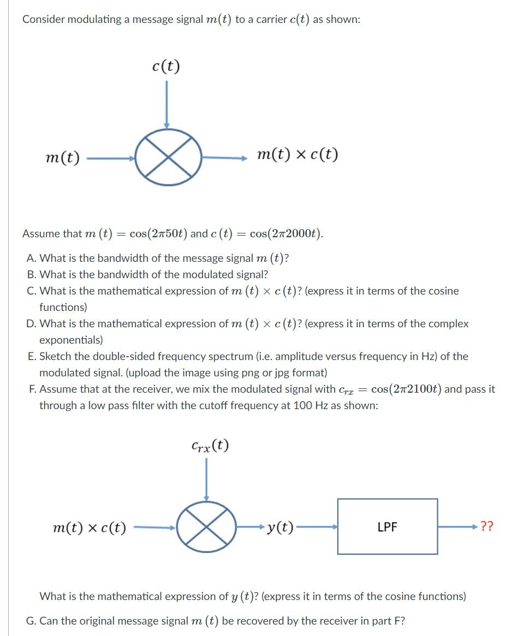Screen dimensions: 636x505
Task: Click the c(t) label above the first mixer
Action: click(x=166, y=66)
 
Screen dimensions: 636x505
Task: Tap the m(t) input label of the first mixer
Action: click(x=63, y=158)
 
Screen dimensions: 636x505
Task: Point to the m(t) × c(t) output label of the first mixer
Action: click(x=298, y=155)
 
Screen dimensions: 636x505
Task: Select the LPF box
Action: click(x=387, y=527)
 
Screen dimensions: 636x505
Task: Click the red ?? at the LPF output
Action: click(x=489, y=527)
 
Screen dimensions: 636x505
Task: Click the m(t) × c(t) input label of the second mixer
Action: click(x=90, y=527)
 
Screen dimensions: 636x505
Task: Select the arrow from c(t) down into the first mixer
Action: click(x=167, y=104)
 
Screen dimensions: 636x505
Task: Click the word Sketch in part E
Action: click(x=55, y=356)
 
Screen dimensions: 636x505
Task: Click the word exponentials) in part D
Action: click(x=70, y=340)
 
